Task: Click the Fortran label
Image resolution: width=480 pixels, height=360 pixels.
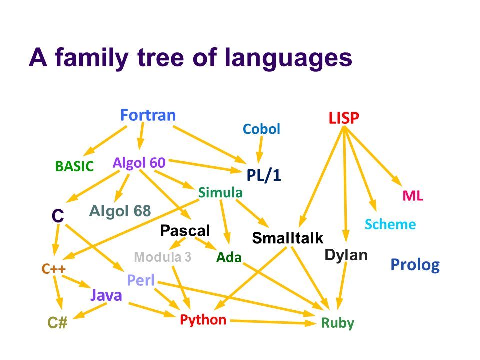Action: pyautogui.click(x=148, y=115)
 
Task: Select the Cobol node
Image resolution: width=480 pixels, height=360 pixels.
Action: pyautogui.click(x=261, y=129)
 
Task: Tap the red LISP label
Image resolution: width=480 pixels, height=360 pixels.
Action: pyautogui.click(x=344, y=118)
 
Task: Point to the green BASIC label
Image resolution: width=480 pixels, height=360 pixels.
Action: pyautogui.click(x=74, y=167)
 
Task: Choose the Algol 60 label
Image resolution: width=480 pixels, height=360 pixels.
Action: pyautogui.click(x=139, y=162)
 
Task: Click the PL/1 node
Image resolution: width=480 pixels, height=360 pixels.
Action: pyautogui.click(x=264, y=176)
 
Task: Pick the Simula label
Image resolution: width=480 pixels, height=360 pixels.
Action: pyautogui.click(x=220, y=192)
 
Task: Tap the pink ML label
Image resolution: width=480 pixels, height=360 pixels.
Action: pyautogui.click(x=413, y=196)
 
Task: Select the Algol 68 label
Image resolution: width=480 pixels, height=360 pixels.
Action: pyautogui.click(x=120, y=211)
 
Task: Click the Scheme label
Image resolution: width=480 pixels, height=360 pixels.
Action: pyautogui.click(x=390, y=224)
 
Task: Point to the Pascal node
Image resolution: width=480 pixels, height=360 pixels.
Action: pyautogui.click(x=185, y=230)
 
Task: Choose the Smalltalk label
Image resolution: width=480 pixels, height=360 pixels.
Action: pyautogui.click(x=288, y=238)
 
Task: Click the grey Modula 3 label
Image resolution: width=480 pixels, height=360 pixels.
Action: pyautogui.click(x=163, y=257)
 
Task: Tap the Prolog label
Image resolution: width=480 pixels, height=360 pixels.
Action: pyautogui.click(x=415, y=265)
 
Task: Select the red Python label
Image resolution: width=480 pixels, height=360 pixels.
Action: pyautogui.click(x=203, y=319)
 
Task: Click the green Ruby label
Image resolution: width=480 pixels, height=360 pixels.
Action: pyautogui.click(x=337, y=323)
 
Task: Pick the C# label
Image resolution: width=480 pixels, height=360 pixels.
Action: pyautogui.click(x=58, y=323)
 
